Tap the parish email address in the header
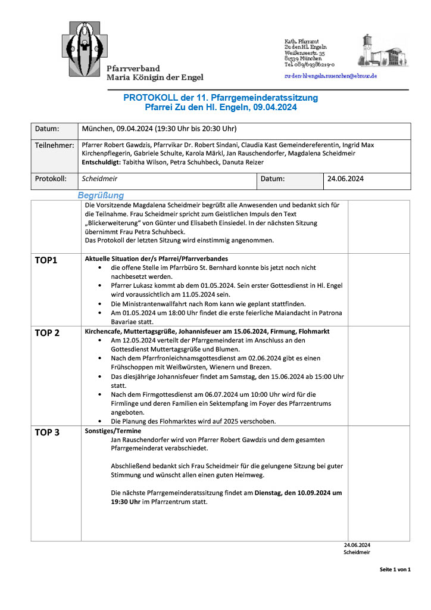[330, 76]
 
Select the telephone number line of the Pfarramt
[310, 64]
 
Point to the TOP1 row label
[46, 260]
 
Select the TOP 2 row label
[48, 333]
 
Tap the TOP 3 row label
[48, 432]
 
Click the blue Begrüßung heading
[101, 195]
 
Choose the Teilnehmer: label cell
[54, 145]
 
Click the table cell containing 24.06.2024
[346, 178]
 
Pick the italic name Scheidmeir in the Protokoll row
[99, 178]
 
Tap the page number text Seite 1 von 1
[395, 569]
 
